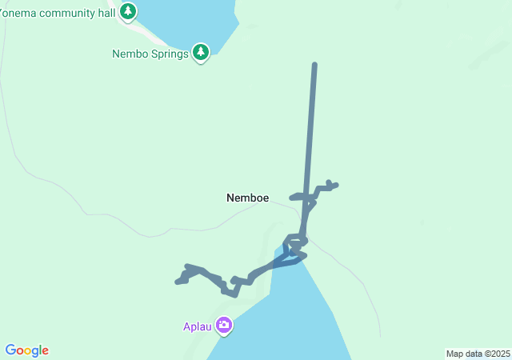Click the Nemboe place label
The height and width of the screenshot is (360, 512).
[247, 198]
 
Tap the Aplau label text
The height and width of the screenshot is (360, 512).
[197, 326]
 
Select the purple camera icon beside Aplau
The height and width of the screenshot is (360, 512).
[224, 326]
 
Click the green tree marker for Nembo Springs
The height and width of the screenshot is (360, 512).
[201, 53]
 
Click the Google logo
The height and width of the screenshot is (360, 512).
[27, 350]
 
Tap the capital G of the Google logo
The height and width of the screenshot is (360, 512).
[10, 350]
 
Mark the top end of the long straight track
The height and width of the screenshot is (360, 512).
[314, 64]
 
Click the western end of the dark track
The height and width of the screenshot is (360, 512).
[178, 282]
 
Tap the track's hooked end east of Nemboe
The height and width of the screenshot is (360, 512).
[333, 185]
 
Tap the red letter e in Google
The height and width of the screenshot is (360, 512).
[45, 351]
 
